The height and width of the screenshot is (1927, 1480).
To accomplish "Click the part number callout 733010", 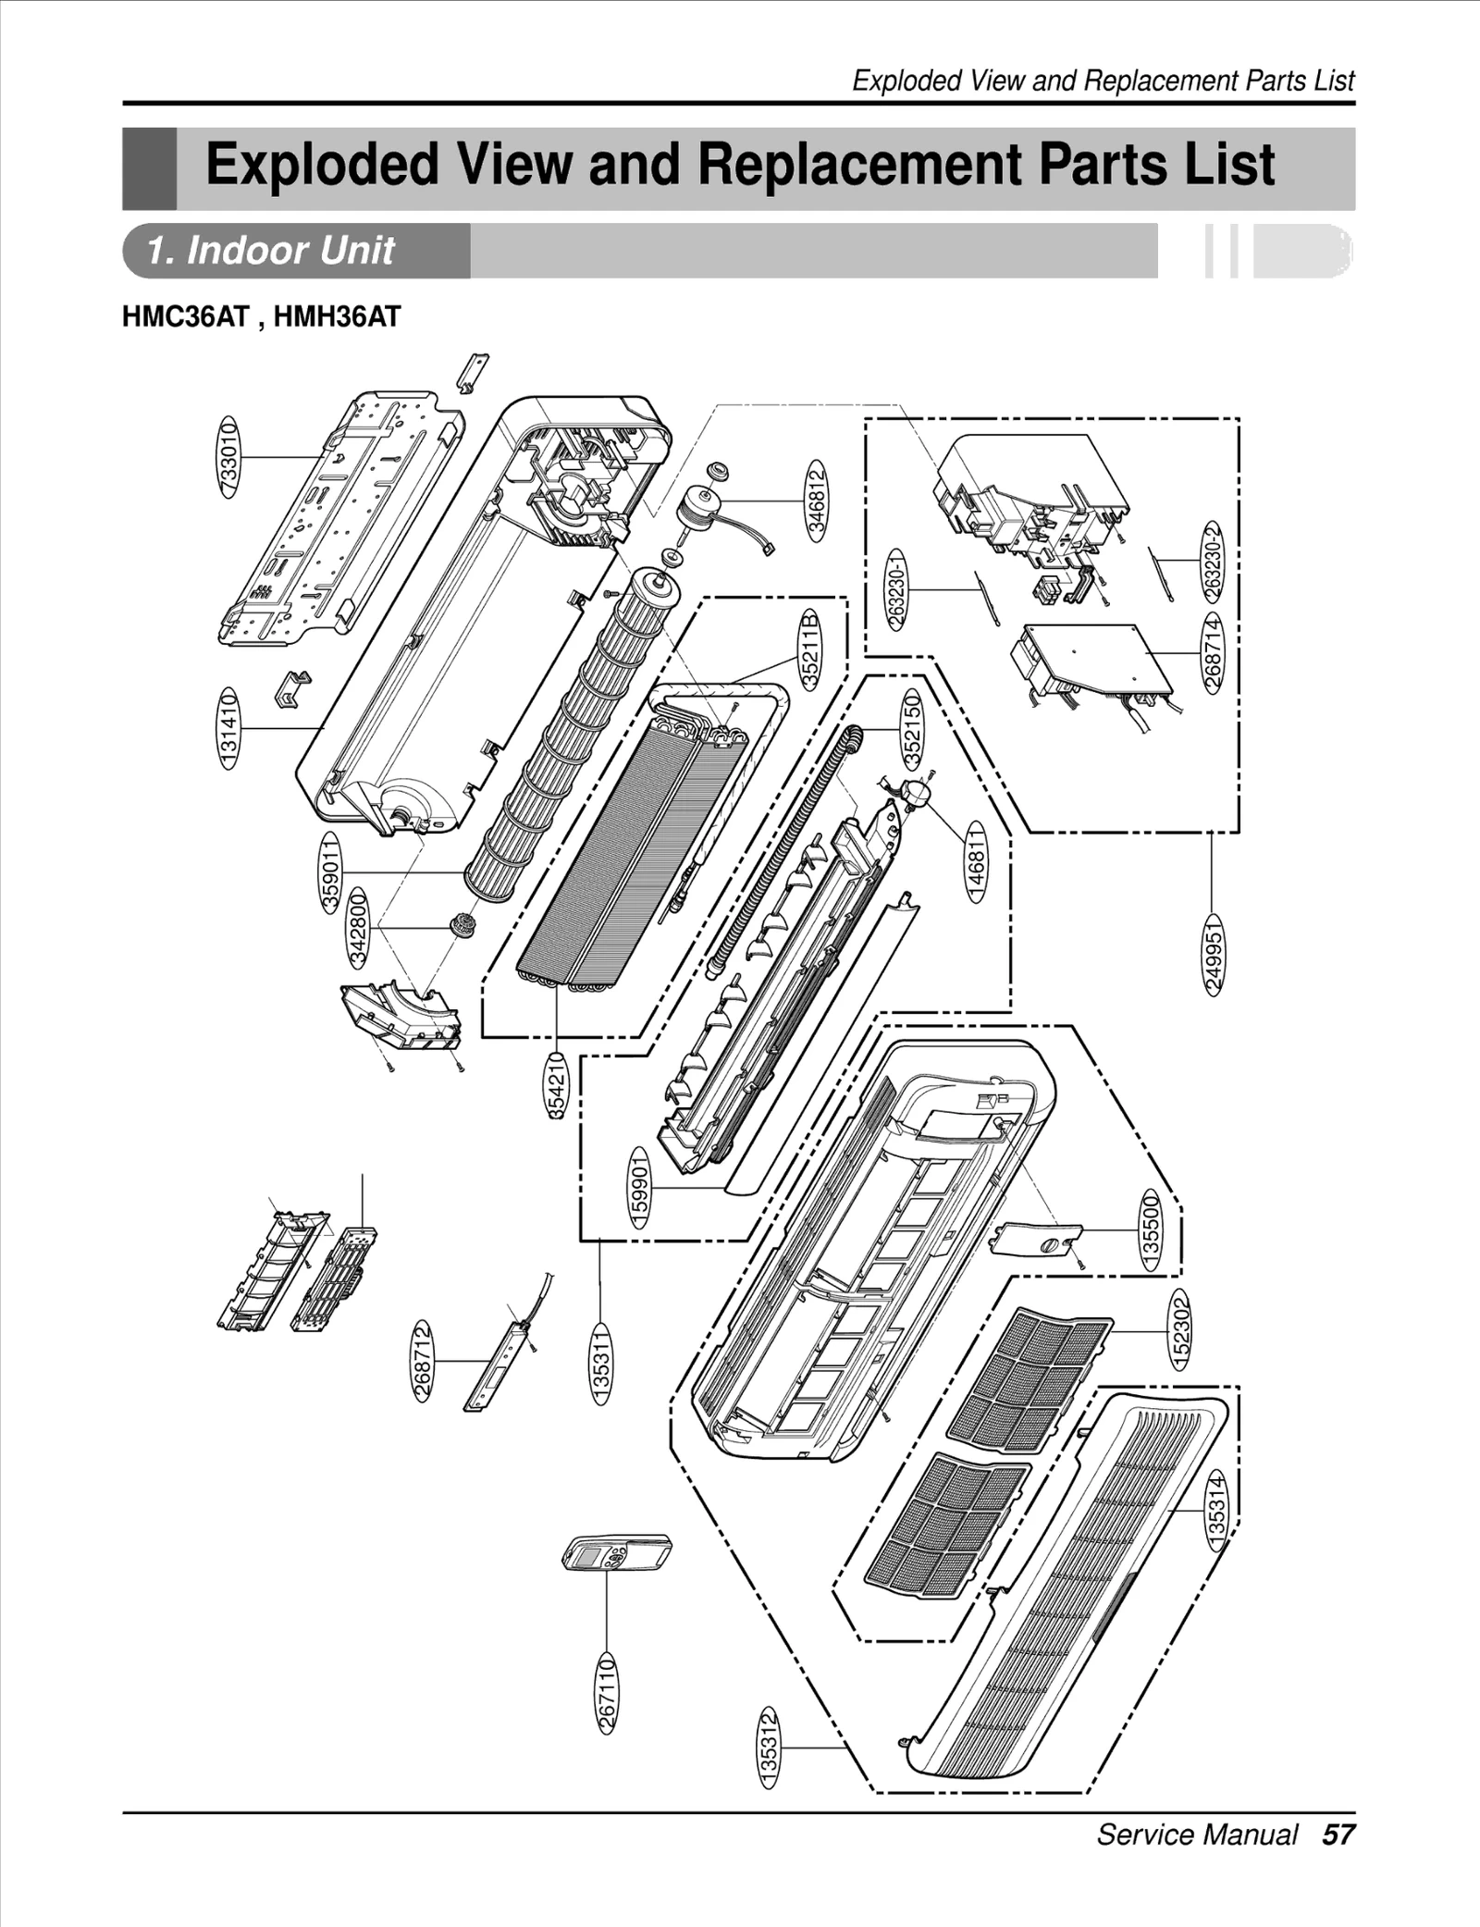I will [x=228, y=457].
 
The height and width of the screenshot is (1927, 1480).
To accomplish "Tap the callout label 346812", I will [x=816, y=500].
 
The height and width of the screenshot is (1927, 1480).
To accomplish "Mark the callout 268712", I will [x=422, y=1360].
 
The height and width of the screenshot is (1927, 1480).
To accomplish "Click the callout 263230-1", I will [x=895, y=589].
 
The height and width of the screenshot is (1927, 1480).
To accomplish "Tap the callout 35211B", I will [x=809, y=649].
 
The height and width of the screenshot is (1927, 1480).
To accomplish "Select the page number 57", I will [x=1338, y=1834].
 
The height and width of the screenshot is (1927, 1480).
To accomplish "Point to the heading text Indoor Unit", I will [x=272, y=251].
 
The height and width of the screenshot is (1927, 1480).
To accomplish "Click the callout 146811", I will [x=976, y=862].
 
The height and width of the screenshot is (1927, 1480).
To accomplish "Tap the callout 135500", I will [x=1151, y=1230].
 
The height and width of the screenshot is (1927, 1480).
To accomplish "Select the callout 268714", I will [x=1214, y=650].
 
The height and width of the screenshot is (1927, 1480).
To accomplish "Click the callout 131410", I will [x=228, y=728].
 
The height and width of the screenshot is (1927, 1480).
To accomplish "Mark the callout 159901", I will [x=639, y=1187].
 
